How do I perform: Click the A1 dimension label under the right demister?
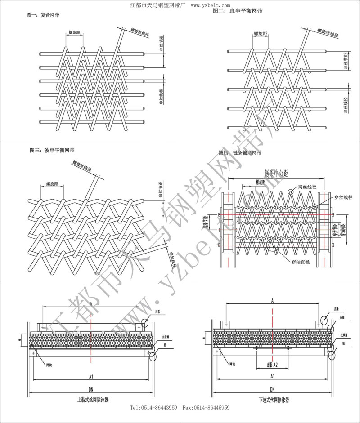coord(272,375)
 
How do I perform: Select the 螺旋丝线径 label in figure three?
coord(81,168)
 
